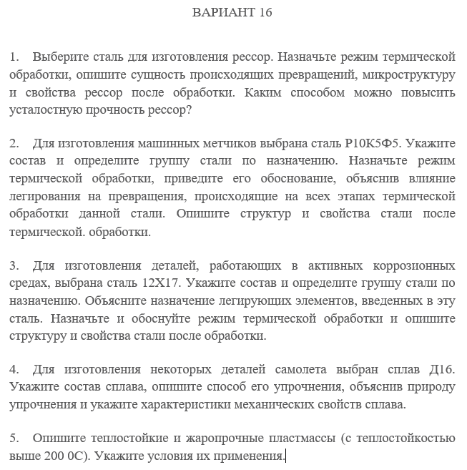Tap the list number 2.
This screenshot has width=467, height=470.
(14, 143)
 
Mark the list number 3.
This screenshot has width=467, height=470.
(14, 265)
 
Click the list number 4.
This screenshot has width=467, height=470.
(14, 369)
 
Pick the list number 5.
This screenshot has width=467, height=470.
(14, 438)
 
